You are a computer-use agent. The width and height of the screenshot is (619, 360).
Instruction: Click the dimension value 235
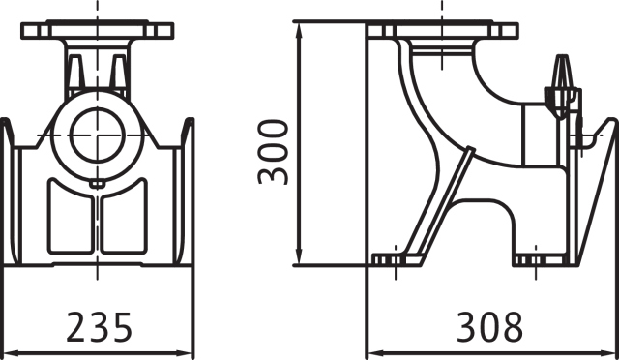point(99,327)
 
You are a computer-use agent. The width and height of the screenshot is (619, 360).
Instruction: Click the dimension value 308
point(489,327)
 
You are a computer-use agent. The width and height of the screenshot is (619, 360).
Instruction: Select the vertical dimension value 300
point(273,152)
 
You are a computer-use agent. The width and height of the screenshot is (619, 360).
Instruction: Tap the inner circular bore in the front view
point(97,135)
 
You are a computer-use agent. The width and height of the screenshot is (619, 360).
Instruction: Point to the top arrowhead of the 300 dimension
point(299,31)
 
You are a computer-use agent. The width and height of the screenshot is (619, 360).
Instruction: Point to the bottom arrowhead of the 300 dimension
point(299,256)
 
